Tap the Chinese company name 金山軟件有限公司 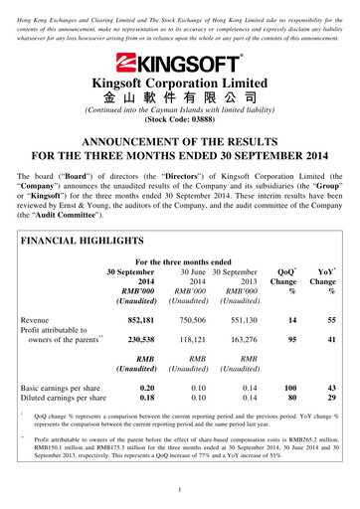179,99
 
